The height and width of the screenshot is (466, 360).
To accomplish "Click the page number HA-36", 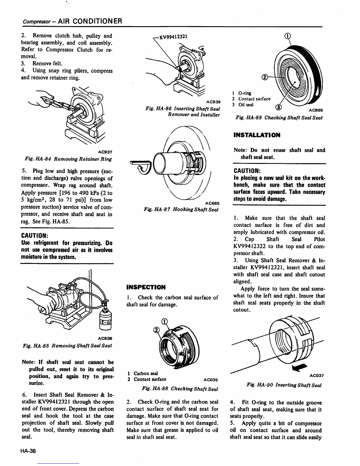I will (x=29, y=451).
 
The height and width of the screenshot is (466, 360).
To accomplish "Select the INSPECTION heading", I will (x=146, y=287).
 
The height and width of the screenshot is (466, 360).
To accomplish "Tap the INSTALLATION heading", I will (x=257, y=135).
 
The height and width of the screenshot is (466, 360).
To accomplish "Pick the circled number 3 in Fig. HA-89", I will (x=278, y=106).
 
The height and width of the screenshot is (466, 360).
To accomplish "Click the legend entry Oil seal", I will (x=246, y=105).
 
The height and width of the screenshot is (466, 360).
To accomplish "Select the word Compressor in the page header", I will (x=32, y=21).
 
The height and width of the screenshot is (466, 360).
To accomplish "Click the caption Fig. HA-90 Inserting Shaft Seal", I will (x=284, y=385).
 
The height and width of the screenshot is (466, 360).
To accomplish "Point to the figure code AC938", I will (x=105, y=338).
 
